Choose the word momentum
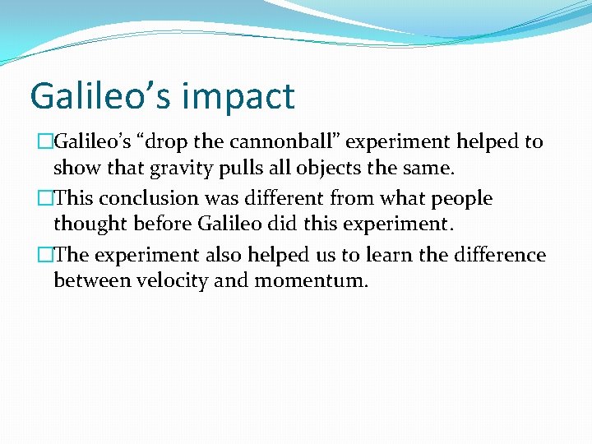(x=311, y=282)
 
